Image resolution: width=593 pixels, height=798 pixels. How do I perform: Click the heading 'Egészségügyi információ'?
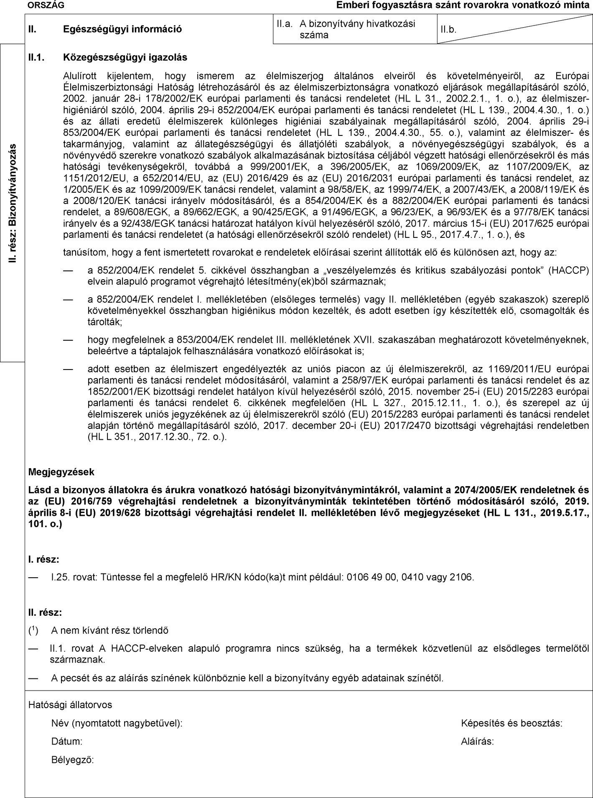[x=122, y=29]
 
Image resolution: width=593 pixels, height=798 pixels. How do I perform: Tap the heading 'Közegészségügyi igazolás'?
[x=125, y=57]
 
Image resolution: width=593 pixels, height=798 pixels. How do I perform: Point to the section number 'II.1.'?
[x=36, y=57]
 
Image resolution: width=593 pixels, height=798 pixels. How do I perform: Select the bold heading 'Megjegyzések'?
[x=61, y=472]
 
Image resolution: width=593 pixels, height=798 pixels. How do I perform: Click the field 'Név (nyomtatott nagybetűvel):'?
[x=117, y=723]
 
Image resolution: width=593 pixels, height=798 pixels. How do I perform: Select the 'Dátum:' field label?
[x=66, y=742]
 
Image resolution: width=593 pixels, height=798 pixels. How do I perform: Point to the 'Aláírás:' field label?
[x=477, y=742]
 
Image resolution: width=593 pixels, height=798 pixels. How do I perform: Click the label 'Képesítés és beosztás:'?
[x=512, y=723]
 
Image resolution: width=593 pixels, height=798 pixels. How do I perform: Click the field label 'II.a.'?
[x=284, y=24]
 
